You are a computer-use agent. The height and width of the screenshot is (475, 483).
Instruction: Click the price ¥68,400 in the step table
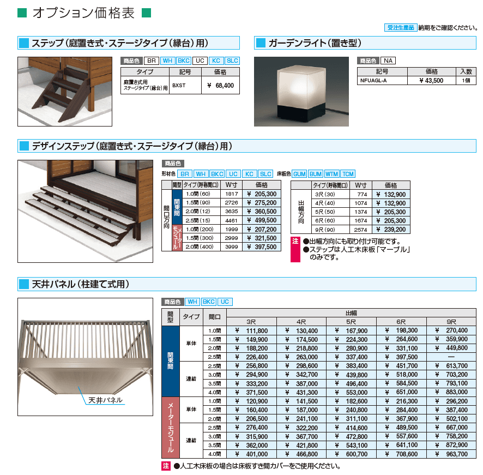[221, 86]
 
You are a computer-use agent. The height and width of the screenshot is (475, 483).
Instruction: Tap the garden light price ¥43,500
[431, 80]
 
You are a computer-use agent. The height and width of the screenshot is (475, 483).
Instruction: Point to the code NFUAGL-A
[373, 80]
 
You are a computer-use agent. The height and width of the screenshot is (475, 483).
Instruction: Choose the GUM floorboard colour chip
[299, 173]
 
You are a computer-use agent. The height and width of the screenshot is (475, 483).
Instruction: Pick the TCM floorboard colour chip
[347, 173]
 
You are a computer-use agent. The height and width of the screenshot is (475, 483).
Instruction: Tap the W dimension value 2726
[231, 203]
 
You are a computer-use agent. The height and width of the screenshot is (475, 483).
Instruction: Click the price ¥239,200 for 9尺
[391, 230]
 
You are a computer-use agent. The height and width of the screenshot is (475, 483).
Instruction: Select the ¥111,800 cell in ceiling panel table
[251, 330]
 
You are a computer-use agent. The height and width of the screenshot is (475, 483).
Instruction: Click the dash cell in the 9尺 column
[450, 357]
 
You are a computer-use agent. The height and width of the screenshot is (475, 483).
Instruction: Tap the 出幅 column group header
[352, 313]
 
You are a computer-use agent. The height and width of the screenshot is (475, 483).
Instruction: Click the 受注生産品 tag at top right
[401, 27]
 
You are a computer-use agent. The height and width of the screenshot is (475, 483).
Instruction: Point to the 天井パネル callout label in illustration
[105, 400]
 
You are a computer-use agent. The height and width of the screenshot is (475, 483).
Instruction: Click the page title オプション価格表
[83, 13]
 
